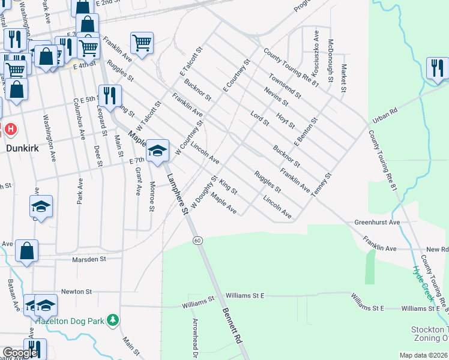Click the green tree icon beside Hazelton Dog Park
coord(112,320)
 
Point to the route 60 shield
coord(197,241)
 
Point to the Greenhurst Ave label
coord(377,222)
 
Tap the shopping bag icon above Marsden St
coord(27,251)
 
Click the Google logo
coord(20,353)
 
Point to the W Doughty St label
coord(204,192)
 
